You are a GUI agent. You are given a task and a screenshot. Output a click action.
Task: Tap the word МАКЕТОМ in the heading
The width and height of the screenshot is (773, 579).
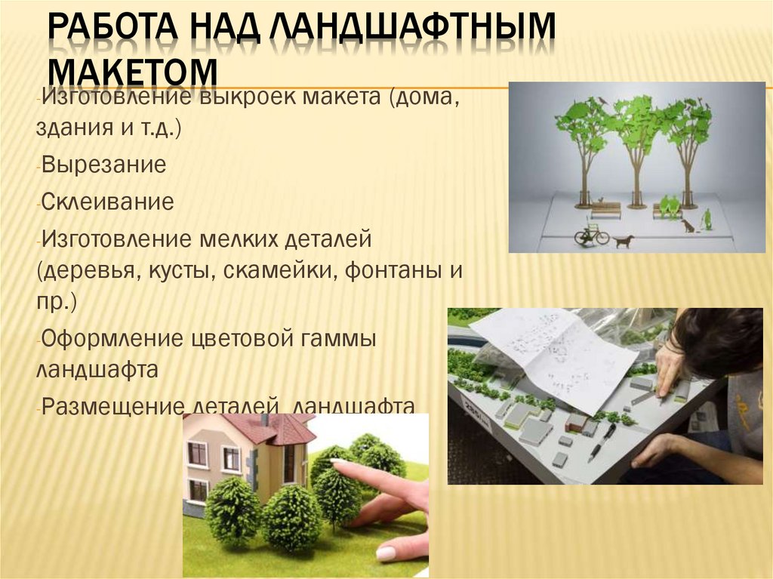[x=133, y=72]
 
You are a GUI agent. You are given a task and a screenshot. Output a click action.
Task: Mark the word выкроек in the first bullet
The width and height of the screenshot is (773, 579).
[x=248, y=97]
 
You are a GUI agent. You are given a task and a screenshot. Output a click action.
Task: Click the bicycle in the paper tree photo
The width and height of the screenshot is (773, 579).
[x=591, y=235]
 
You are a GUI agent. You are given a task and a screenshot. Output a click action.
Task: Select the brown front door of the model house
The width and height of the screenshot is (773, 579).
[x=289, y=463]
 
